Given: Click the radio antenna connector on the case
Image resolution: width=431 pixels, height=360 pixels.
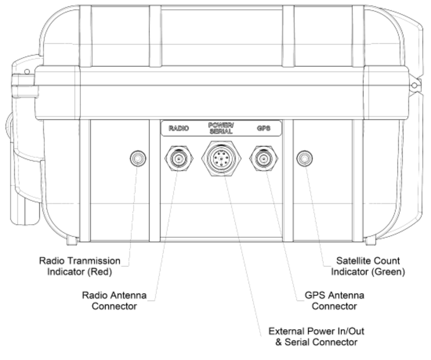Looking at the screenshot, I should tap(178, 158).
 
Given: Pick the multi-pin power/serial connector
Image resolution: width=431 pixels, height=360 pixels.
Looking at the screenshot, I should tap(221, 159).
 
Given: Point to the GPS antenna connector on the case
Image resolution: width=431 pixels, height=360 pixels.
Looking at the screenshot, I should tap(263, 158).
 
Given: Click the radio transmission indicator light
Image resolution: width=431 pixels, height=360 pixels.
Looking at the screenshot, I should tap(138, 158).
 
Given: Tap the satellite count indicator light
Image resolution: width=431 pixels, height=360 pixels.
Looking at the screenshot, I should tap(304, 158).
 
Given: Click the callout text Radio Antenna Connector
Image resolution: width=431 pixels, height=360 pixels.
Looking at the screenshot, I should tap(118, 301).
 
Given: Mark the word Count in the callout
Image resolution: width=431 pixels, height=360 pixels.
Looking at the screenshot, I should tap(383, 261).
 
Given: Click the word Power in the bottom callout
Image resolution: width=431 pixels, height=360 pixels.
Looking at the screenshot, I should tap(318, 331).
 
